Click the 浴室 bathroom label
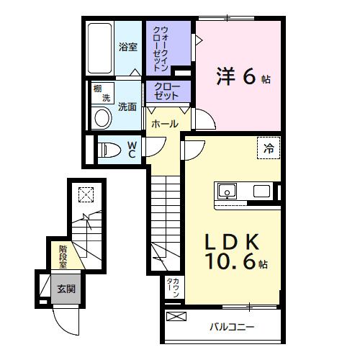[128, 48]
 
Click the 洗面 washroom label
[127, 106]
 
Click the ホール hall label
[164, 124]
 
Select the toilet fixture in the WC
[110, 150]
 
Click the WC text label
[132, 149]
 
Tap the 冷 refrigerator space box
[268, 149]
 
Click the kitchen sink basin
[228, 192]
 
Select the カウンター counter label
[173, 287]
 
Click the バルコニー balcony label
[232, 327]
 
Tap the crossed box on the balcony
[175, 316]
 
